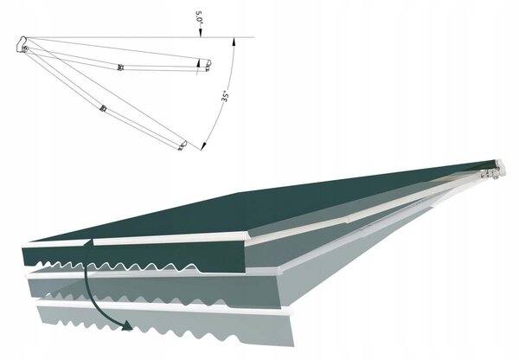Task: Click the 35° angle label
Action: tap(226, 96)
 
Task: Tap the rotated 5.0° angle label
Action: tap(199, 17)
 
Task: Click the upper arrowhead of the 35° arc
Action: tap(234, 42)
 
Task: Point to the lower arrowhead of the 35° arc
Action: tap(203, 146)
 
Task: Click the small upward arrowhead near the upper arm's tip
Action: tap(198, 62)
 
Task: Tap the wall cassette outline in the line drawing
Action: tap(21, 44)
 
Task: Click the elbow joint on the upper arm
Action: tap(121, 67)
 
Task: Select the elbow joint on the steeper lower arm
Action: tap(103, 108)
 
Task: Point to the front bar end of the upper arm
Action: tap(208, 65)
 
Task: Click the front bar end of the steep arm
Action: tap(183, 145)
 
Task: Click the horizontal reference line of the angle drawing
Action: tap(140, 37)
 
